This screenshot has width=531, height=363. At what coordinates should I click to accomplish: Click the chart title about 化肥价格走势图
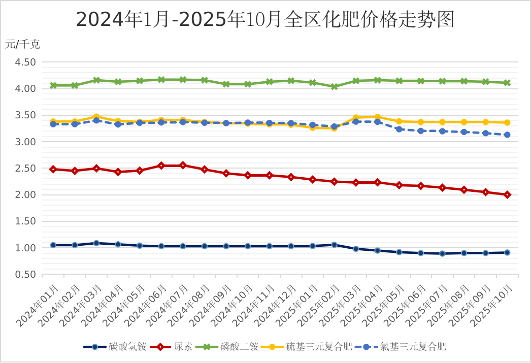click(x=264, y=19)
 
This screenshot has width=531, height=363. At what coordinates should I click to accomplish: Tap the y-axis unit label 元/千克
click(x=22, y=44)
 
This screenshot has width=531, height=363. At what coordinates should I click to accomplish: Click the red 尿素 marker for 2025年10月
click(x=507, y=195)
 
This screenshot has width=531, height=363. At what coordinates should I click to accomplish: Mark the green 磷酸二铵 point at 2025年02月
click(x=334, y=87)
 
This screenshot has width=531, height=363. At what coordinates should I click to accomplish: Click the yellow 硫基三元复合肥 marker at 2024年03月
click(x=96, y=117)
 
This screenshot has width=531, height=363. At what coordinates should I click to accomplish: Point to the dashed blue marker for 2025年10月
click(x=507, y=135)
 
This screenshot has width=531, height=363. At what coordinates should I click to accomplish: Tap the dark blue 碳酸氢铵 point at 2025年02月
click(x=334, y=245)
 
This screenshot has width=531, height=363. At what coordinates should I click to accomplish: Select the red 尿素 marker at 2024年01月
click(x=53, y=169)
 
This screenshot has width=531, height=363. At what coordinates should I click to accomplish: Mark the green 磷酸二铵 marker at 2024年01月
click(x=53, y=85)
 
